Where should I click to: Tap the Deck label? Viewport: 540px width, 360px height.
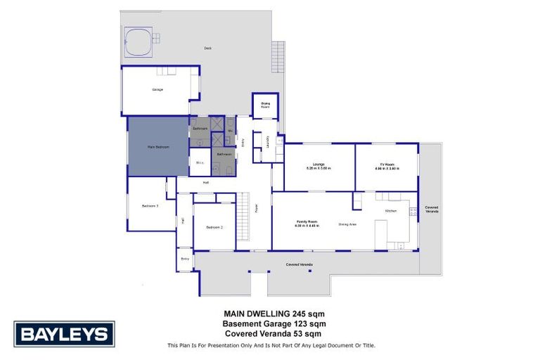click(207, 48)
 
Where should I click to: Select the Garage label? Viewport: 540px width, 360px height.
click(157, 90)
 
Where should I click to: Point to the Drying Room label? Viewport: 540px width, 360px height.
click(266, 105)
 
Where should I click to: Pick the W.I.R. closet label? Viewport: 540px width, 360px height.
click(200, 164)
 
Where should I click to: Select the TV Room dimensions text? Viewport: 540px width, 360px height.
click(387, 169)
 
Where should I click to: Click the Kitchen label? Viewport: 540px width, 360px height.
click(391, 211)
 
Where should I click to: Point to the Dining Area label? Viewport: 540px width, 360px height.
click(347, 224)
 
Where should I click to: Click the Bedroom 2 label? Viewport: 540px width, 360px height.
click(214, 228)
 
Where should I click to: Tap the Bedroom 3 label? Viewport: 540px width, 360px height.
click(150, 206)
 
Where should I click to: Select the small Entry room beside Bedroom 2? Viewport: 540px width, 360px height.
click(185, 259)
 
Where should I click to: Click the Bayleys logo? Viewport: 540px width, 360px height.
click(64, 334)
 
